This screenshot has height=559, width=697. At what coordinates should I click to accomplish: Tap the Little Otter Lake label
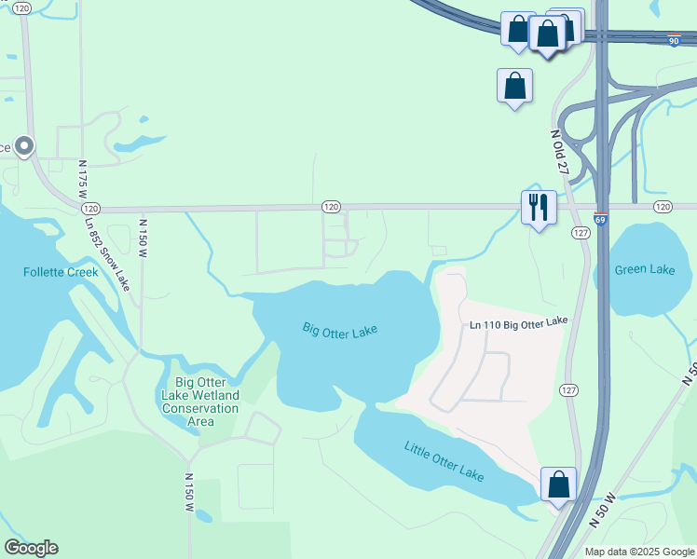tap(444, 460)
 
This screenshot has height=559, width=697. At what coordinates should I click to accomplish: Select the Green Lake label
tap(645, 270)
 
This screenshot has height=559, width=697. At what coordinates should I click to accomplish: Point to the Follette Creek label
tap(61, 272)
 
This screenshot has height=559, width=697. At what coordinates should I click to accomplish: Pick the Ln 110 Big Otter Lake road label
tap(518, 322)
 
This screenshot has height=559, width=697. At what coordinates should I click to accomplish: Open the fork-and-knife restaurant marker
tap(538, 208)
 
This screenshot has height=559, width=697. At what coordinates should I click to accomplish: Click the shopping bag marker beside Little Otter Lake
tap(558, 484)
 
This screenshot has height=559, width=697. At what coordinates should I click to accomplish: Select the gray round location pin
tap(24, 146)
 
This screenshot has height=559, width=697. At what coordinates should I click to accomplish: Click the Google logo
tap(31, 548)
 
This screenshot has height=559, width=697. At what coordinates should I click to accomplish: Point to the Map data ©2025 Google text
tap(639, 552)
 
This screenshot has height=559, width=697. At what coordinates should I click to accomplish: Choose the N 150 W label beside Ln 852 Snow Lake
tap(143, 239)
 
